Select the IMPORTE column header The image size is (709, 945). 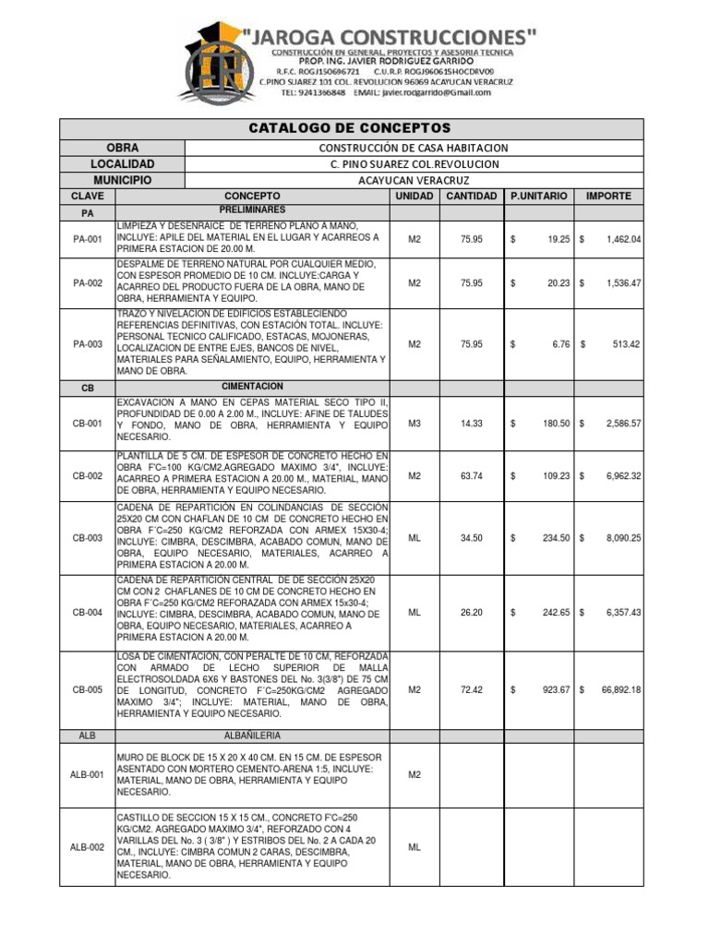click(x=607, y=197)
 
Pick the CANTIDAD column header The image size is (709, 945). click(x=472, y=197)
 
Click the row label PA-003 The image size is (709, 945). click(x=88, y=344)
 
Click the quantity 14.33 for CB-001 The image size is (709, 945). click(x=472, y=423)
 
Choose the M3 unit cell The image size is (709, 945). click(x=415, y=423)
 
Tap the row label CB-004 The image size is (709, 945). click(x=88, y=611)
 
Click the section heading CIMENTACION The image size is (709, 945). click(x=252, y=387)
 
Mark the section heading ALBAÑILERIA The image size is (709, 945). click(x=252, y=736)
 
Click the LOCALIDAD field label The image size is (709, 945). click(x=123, y=164)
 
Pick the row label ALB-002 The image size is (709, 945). click(x=88, y=847)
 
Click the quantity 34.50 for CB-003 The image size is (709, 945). click(x=472, y=538)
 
